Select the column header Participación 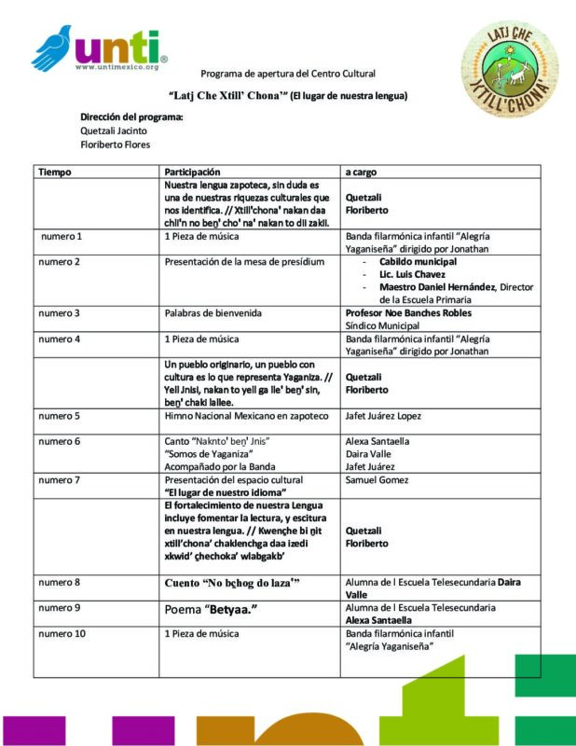[x=192, y=173]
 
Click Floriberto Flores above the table [x=116, y=145]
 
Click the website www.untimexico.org [x=121, y=67]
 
